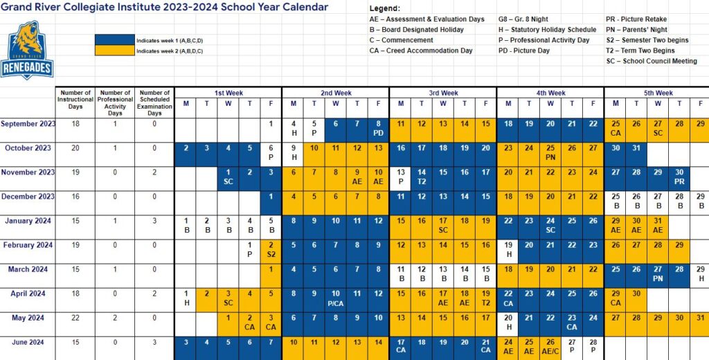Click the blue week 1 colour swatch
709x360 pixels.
pyautogui.click(x=114, y=40)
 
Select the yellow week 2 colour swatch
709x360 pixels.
pyautogui.click(x=114, y=51)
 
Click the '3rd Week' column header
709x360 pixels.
pyautogui.click(x=443, y=93)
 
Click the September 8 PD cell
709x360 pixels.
pyautogui.click(x=378, y=128)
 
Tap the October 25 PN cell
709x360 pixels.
pyautogui.click(x=550, y=152)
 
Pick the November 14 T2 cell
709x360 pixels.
pyautogui.click(x=421, y=177)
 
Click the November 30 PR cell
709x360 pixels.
pyautogui.click(x=679, y=177)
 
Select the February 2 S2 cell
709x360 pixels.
pyautogui.click(x=271, y=249)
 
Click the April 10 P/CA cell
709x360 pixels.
pyautogui.click(x=335, y=298)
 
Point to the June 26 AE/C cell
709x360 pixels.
pyautogui.click(x=550, y=346)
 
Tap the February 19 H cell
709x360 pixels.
pyautogui.click(x=508, y=249)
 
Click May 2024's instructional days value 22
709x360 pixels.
pyautogui.click(x=75, y=318)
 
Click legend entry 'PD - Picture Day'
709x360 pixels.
pyautogui.click(x=524, y=51)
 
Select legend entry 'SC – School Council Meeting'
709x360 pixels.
pyautogui.click(x=653, y=61)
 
